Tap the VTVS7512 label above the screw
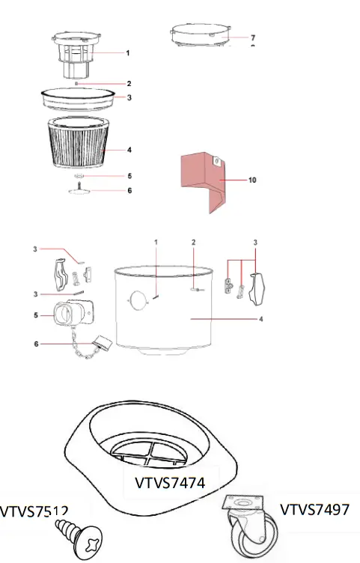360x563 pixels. pos(34,512)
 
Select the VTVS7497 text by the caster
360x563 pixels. pos(314,509)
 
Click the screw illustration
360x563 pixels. pos(79,538)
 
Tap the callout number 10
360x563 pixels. pos(254,180)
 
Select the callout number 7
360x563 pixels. pos(253,37)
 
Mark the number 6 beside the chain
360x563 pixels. pos(35,344)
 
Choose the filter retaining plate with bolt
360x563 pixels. pos(77,189)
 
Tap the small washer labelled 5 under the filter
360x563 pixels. pos(77,177)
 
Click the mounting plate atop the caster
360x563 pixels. pos(244,506)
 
